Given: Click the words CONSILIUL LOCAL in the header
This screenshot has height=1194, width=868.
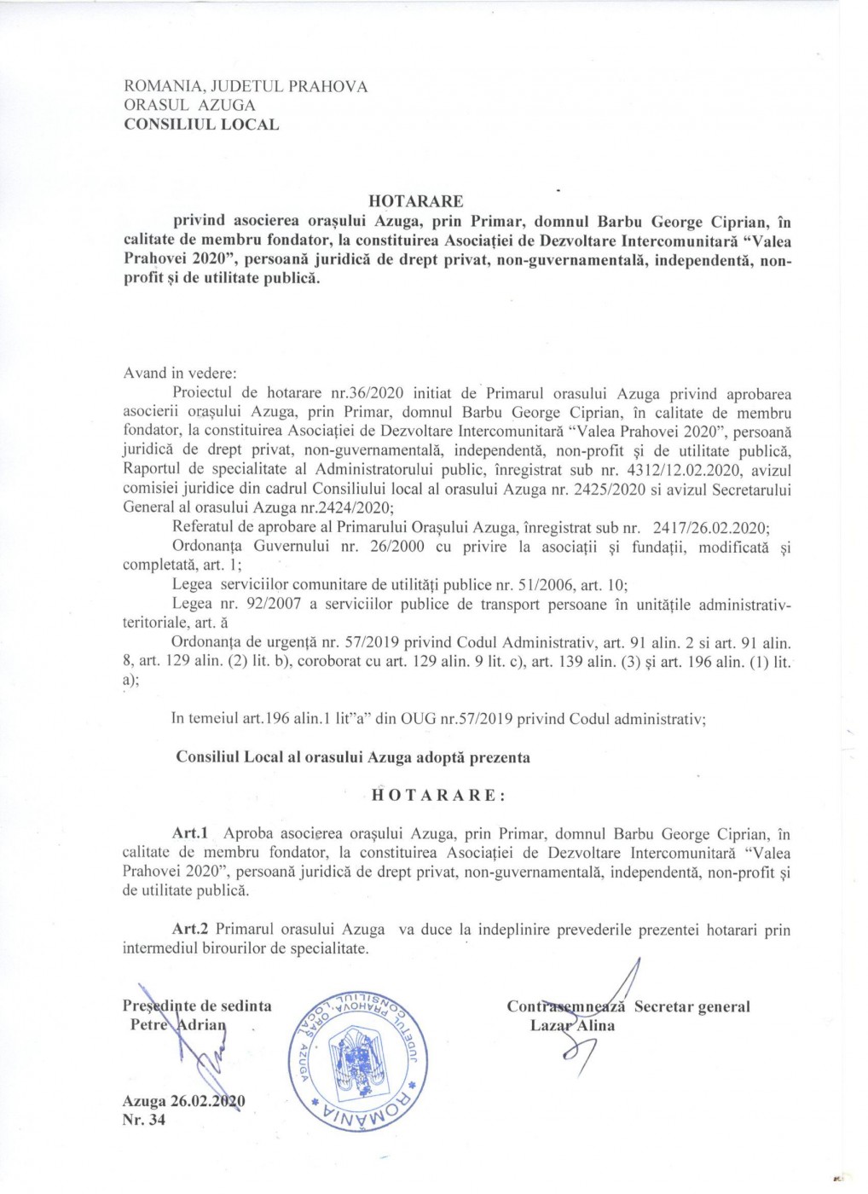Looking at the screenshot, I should point(201,125).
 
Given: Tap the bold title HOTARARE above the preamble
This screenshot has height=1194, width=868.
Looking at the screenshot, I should point(416,201).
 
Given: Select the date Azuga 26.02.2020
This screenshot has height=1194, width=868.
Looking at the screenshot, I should point(183,1101).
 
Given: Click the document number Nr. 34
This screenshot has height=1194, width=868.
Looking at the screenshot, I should point(144,1120).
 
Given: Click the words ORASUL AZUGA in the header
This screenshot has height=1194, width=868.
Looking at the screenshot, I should point(189,106).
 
